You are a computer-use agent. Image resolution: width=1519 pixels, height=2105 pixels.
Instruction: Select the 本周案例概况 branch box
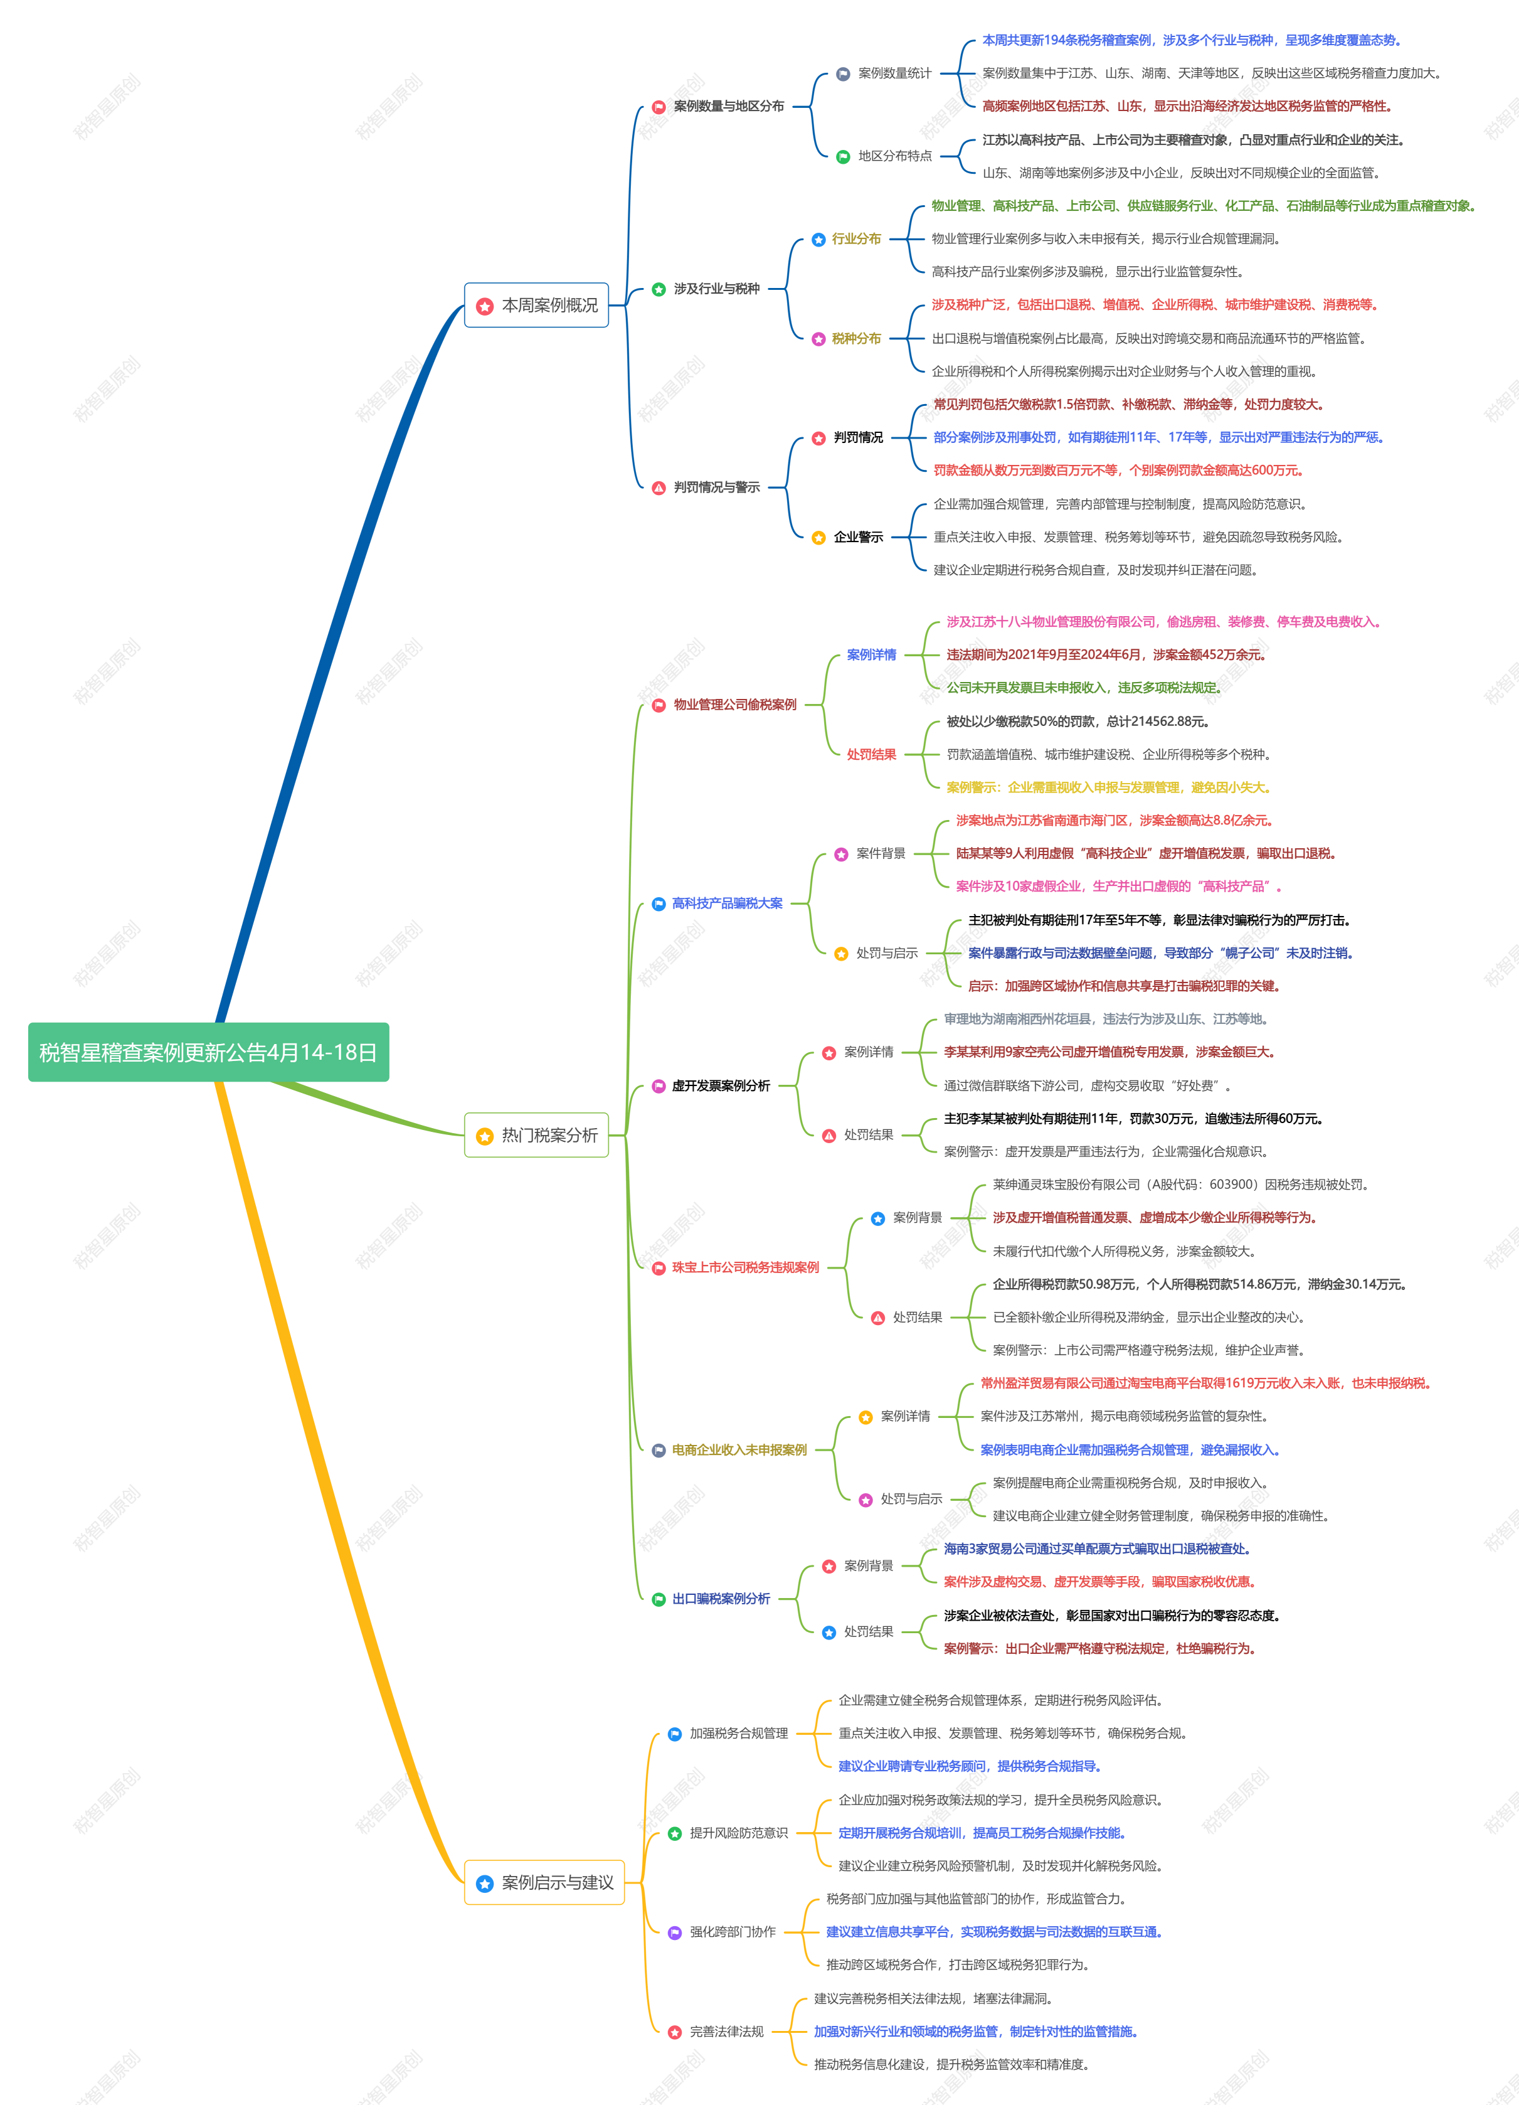point(536,306)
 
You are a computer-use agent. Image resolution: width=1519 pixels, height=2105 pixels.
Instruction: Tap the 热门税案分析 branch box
point(536,1135)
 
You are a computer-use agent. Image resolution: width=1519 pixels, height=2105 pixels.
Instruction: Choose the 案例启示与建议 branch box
point(544,1882)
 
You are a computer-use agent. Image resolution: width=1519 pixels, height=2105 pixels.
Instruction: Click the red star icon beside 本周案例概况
point(484,306)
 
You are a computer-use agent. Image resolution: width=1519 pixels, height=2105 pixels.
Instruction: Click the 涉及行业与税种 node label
point(716,289)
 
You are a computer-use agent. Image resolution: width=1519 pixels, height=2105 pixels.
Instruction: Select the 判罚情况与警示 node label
point(716,488)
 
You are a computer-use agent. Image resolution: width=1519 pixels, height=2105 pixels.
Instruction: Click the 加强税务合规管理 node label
point(739,1733)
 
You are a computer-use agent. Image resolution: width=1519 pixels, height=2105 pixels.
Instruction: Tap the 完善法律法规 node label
point(726,2032)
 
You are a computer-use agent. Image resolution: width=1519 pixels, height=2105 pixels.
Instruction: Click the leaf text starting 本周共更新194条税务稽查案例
point(1192,40)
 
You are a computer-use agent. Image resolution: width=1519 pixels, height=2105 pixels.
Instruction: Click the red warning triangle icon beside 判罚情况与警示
point(659,488)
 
